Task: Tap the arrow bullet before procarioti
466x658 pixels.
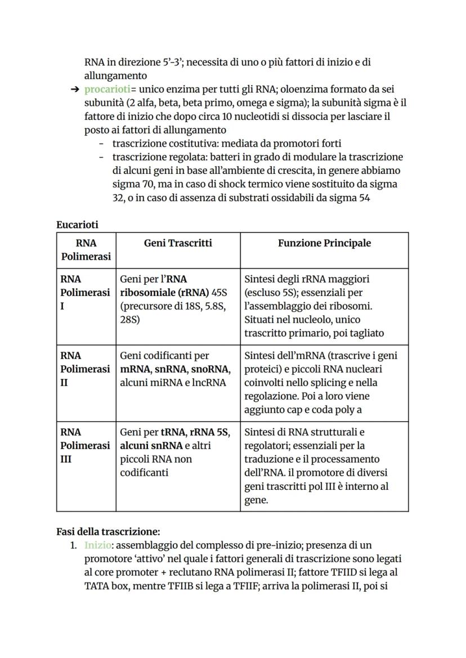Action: pyautogui.click(x=74, y=89)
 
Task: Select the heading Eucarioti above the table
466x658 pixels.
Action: pyautogui.click(x=77, y=225)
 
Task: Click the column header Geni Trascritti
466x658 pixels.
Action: pyautogui.click(x=178, y=243)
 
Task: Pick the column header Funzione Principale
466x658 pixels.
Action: pyautogui.click(x=324, y=243)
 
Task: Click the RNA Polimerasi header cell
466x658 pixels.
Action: pyautogui.click(x=86, y=250)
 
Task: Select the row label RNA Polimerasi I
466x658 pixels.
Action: pyautogui.click(x=86, y=293)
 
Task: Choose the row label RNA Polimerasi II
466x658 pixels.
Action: pyautogui.click(x=86, y=369)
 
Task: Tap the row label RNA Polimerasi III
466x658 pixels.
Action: pyautogui.click(x=86, y=446)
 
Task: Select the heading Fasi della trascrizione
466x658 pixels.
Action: pyautogui.click(x=108, y=531)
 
